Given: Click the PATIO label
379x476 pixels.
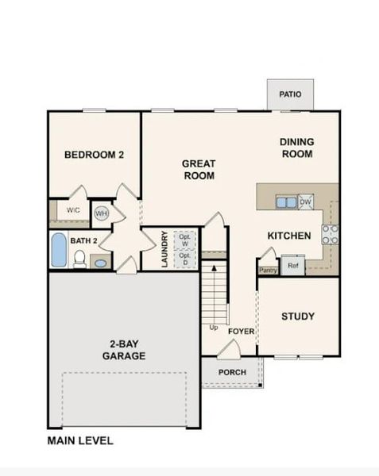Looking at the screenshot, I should tap(290, 94).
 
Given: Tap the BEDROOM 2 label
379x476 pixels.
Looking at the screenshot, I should tap(94, 155).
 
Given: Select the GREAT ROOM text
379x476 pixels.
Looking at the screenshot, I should tap(199, 170).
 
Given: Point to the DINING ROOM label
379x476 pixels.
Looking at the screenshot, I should tap(296, 148).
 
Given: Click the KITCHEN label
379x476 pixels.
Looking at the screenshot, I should tap(288, 236).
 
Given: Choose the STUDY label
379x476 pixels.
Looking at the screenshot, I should tap(298, 317).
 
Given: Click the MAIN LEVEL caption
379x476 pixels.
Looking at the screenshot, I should tap(79, 440).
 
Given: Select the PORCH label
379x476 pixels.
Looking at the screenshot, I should tap(231, 372).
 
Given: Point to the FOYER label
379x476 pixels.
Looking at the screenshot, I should tap(241, 331).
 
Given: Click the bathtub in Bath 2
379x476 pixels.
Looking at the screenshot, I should tap(59, 250).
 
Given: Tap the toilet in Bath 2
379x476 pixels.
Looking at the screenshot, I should tap(79, 259).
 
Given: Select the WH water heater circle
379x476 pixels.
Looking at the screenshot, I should tap(102, 213).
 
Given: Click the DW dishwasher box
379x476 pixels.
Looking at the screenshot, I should tap(306, 202).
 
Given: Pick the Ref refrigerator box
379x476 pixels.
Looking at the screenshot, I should tap(292, 266).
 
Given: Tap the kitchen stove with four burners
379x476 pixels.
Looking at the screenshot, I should tap(329, 233).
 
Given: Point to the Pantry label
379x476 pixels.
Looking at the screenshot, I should tap(266, 270).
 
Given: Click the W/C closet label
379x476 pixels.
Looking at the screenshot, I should tap(73, 210).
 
